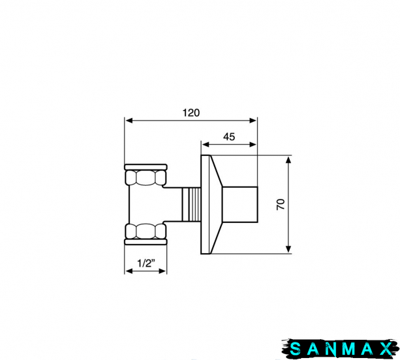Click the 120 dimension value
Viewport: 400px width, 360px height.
191,113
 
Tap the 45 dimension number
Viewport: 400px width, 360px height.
229,137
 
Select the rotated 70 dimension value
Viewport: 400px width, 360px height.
281,204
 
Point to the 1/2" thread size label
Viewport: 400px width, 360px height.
146,263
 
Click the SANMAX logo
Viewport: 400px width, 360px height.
341,348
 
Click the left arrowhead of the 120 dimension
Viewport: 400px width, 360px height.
129,121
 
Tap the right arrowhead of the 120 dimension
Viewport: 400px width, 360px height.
253,121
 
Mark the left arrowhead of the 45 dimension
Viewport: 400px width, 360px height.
206,145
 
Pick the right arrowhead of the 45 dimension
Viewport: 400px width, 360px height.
253,145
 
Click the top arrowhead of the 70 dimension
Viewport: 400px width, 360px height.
288,160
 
